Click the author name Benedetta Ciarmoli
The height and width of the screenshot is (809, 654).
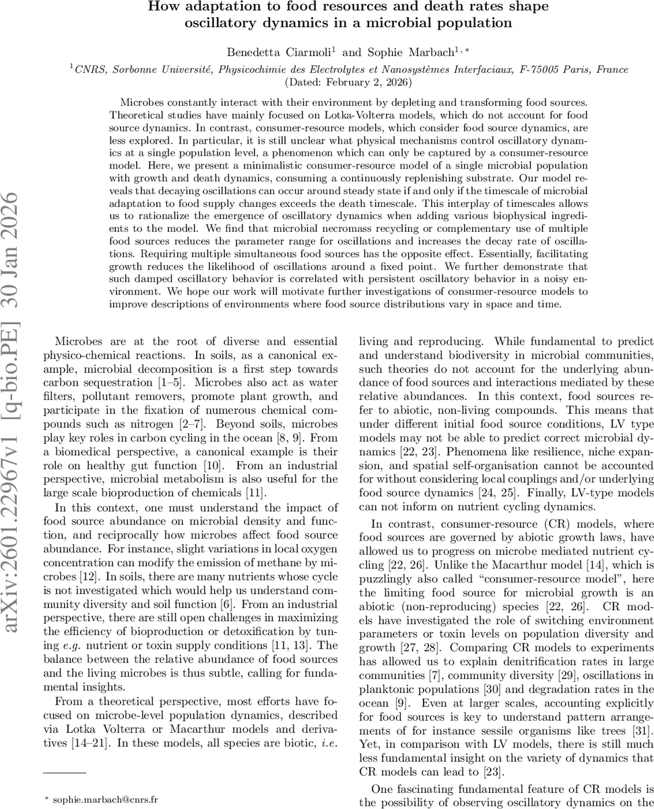click(282, 52)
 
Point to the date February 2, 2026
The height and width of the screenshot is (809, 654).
click(350, 82)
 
